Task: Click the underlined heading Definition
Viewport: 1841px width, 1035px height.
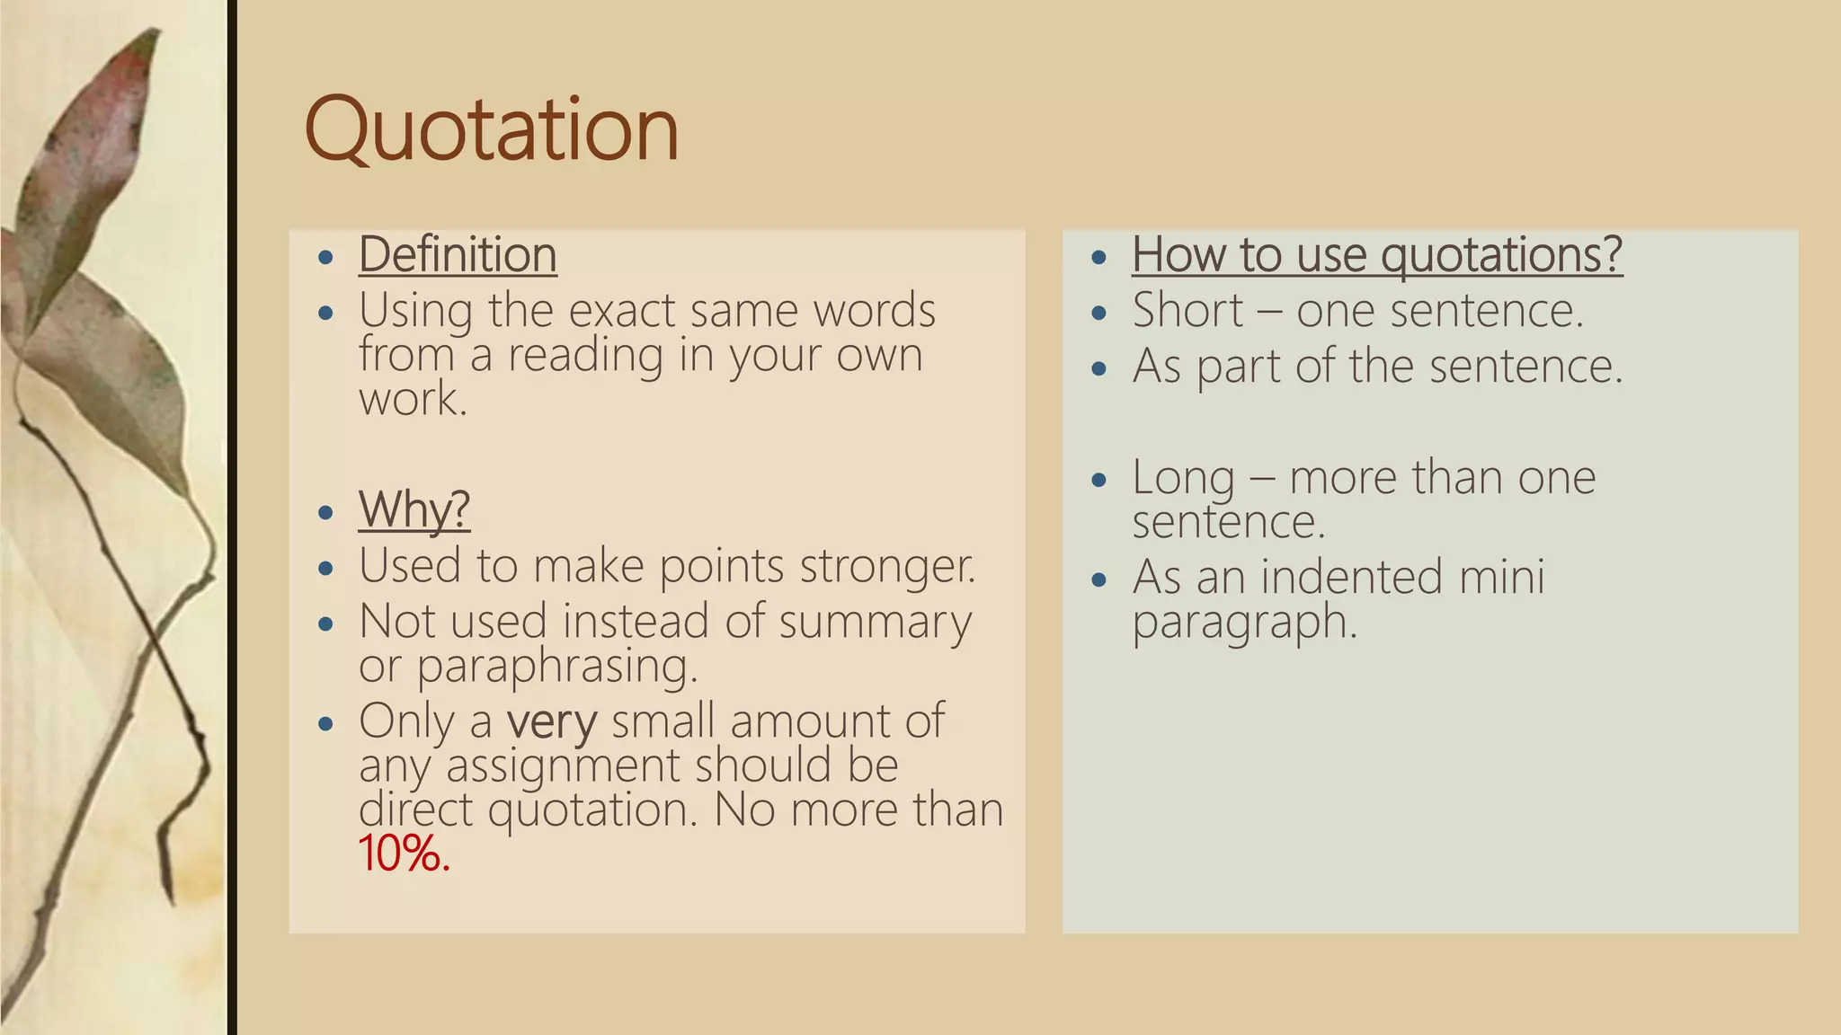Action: click(458, 254)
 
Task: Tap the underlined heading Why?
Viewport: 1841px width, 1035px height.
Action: click(414, 509)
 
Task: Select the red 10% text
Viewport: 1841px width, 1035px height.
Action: click(403, 854)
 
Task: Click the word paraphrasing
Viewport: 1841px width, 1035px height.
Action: click(556, 667)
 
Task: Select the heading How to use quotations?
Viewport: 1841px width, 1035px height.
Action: click(1376, 254)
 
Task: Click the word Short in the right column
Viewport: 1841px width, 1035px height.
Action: click(1187, 311)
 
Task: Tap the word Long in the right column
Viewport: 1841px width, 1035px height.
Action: click(1182, 478)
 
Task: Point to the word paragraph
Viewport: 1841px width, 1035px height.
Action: click(1243, 623)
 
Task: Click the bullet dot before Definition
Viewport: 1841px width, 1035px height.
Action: click(326, 258)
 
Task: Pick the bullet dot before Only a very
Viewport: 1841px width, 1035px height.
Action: click(326, 724)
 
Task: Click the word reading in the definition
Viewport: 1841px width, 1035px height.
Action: click(585, 356)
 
